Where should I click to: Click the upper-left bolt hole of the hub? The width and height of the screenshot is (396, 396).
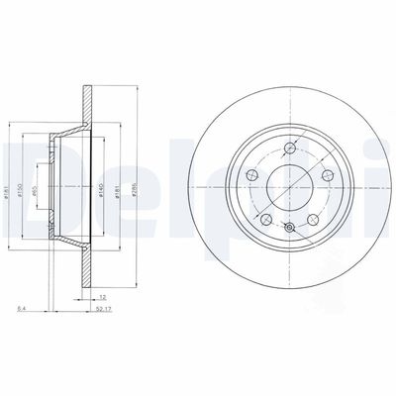tap(251, 176)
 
